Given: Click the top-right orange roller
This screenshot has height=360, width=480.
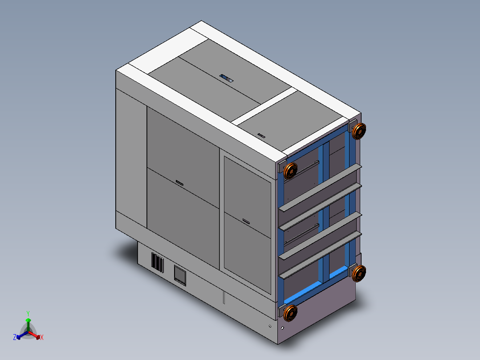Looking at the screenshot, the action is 359,131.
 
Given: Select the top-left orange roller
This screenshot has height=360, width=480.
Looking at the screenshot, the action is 290,171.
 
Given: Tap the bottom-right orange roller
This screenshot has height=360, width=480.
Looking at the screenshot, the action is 359,273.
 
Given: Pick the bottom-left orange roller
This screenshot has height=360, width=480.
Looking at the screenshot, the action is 290,313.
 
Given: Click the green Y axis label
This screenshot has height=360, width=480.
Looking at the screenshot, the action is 28,313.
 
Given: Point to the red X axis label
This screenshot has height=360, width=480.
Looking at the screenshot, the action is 42,337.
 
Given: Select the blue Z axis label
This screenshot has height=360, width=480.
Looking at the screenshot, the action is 14,337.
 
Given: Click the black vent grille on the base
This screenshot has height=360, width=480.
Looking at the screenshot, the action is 157,262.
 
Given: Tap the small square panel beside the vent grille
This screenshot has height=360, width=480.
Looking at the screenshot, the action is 180,275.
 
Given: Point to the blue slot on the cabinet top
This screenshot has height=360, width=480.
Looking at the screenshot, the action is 227,78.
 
